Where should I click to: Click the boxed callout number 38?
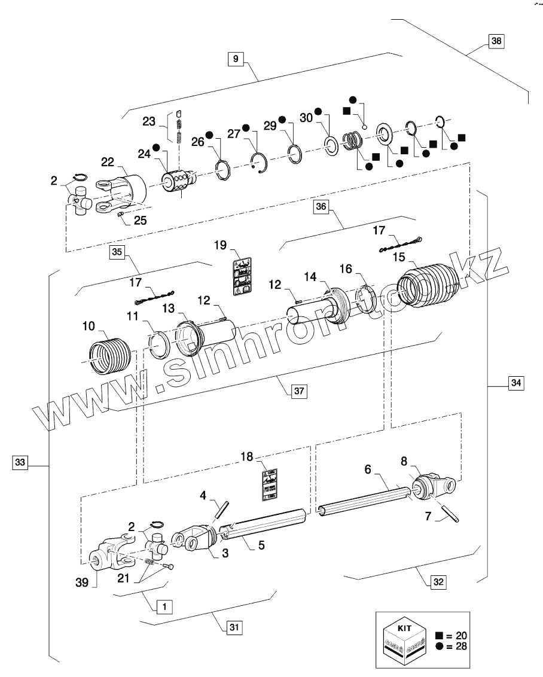click(496, 41)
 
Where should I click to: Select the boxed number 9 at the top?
click(236, 59)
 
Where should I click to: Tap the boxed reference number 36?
click(321, 207)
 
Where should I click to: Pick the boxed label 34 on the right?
click(516, 382)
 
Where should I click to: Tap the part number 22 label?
click(107, 161)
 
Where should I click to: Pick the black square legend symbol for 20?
click(440, 636)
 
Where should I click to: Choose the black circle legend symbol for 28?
click(440, 646)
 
